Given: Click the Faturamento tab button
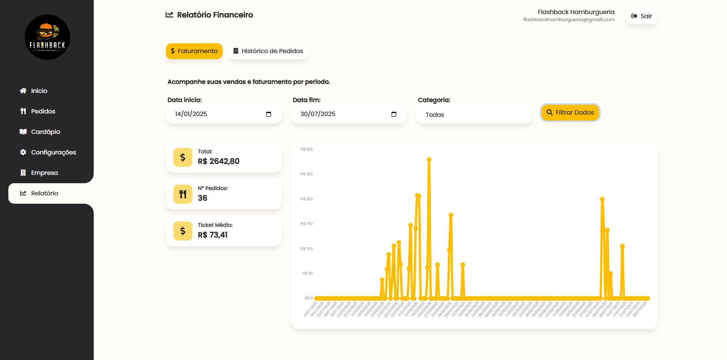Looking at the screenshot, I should point(194,51).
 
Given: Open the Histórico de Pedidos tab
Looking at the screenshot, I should point(268,51).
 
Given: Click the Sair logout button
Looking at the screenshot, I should point(642,16).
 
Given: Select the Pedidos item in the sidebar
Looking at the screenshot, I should point(43,111).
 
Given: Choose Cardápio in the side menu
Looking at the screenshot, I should point(45,132).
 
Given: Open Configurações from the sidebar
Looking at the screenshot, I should point(53,152).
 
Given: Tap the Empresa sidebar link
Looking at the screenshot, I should point(44,173).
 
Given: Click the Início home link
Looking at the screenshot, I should point(39,91).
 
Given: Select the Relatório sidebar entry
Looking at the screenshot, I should point(44,193).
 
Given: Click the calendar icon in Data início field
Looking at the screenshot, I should point(269,114).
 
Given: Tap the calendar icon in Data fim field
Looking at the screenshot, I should point(394,114).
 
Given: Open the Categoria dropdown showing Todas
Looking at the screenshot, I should point(474,115).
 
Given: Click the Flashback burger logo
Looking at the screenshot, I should point(47,37).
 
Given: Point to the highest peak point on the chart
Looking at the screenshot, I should point(429,160).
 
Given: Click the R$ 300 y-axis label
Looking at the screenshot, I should point(307,149).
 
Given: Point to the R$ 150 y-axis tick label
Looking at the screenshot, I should point(307,224).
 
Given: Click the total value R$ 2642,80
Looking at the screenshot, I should point(219,161).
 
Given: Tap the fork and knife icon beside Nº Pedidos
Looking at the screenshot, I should point(183,194).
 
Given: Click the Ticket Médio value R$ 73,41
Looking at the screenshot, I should point(212,235).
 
